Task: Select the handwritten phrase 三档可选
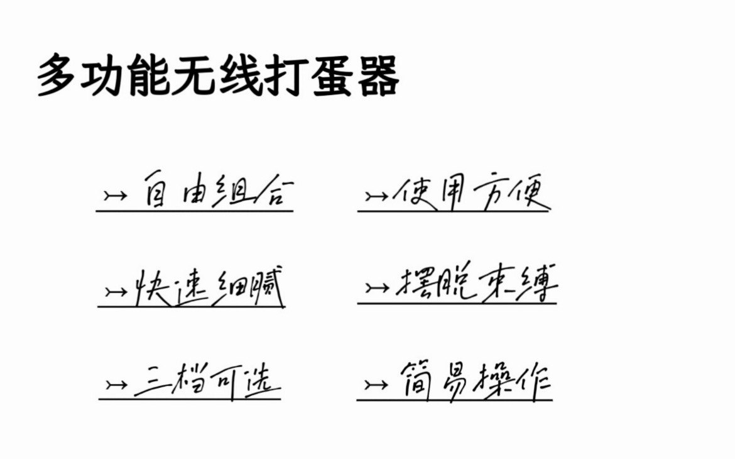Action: [207, 381]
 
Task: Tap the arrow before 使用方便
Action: [376, 196]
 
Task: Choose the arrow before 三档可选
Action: [116, 384]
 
